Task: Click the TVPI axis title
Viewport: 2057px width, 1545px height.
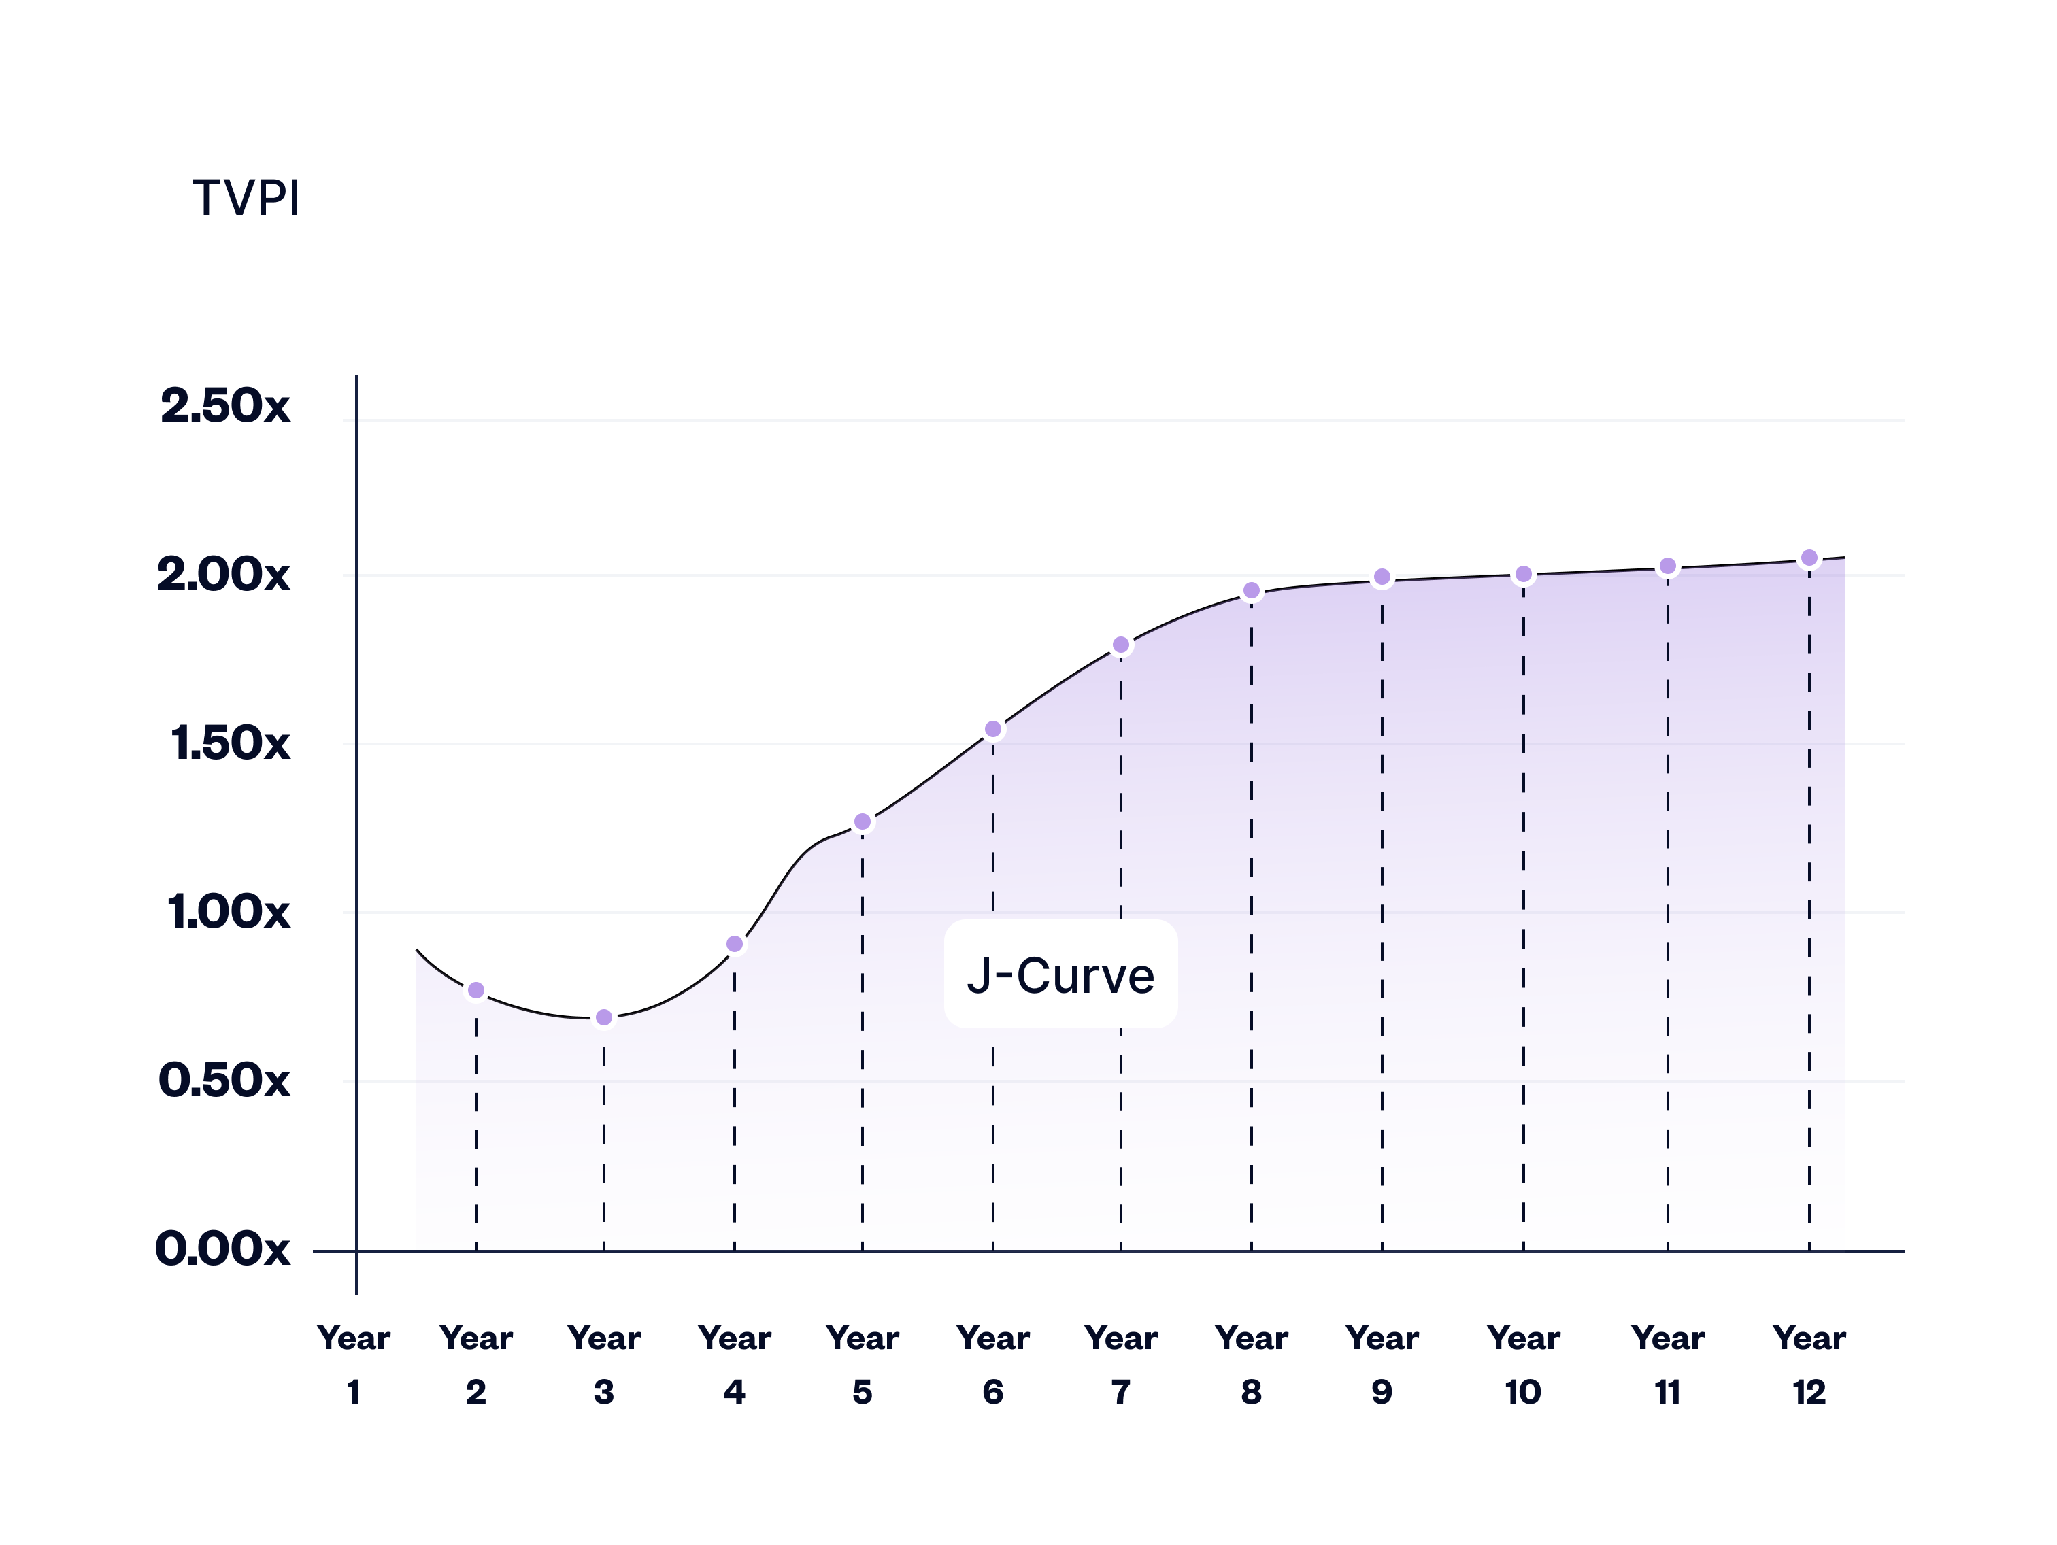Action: point(246,198)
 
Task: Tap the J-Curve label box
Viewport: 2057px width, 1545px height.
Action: point(1060,974)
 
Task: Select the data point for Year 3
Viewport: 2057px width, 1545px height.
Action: point(603,1018)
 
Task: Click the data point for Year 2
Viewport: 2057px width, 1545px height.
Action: point(476,991)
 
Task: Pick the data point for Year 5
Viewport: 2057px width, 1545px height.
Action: point(862,821)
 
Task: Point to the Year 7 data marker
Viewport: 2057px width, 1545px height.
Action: point(1120,645)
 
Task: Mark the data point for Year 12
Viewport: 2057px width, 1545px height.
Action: point(1809,559)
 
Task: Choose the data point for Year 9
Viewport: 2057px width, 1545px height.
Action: point(1382,577)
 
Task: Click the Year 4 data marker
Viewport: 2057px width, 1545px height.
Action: point(735,945)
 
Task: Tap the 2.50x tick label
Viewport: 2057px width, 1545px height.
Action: point(225,406)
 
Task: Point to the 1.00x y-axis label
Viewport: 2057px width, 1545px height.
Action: point(229,912)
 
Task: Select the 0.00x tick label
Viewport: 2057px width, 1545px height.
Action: point(223,1249)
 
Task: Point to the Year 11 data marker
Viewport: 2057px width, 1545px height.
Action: point(1667,566)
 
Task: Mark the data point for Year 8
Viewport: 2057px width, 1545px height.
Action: point(1252,590)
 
